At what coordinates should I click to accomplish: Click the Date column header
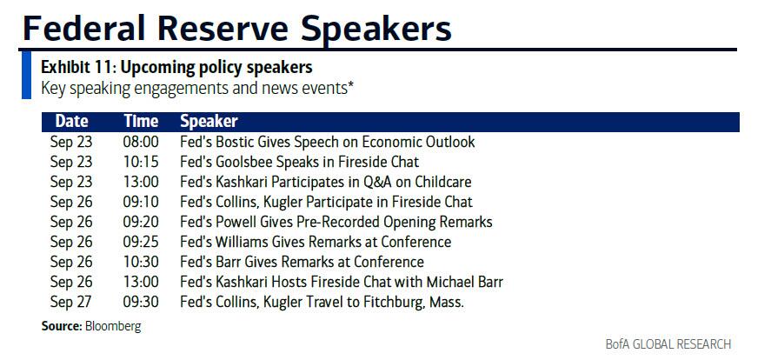[72, 122]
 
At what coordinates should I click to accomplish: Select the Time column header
[141, 122]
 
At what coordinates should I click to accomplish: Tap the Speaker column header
[209, 122]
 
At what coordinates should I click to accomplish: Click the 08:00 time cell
[141, 142]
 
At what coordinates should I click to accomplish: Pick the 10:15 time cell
[141, 162]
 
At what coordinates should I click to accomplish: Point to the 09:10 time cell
[141, 202]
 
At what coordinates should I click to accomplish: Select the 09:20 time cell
[141, 222]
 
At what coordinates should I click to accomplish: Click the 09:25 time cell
[141, 242]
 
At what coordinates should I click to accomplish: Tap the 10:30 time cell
[141, 262]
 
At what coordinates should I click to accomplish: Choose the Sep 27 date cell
[71, 303]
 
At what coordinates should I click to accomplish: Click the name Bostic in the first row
[233, 142]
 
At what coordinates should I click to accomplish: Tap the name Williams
[237, 242]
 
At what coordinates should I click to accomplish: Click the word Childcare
[443, 182]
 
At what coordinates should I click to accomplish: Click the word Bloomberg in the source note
[113, 326]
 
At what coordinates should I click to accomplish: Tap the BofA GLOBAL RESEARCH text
[668, 343]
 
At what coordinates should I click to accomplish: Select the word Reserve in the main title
[223, 28]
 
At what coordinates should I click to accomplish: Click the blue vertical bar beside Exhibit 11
[27, 76]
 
